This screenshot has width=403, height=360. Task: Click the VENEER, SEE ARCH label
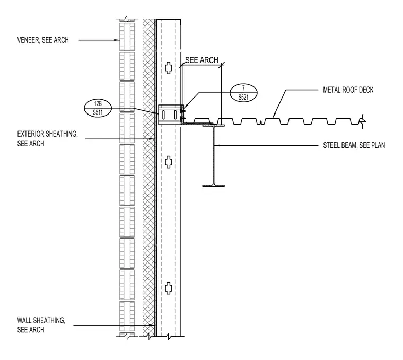(x=43, y=40)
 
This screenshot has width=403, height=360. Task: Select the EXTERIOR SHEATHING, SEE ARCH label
(x=47, y=139)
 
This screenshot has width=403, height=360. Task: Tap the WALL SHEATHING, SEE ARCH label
(x=41, y=325)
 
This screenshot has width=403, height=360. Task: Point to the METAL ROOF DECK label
(x=348, y=90)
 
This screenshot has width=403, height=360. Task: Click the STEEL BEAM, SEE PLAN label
(x=354, y=145)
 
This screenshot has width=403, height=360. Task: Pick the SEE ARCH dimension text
(x=202, y=60)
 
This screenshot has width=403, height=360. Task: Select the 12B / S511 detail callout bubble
(x=98, y=108)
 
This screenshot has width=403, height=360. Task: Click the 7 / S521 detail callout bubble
(x=243, y=93)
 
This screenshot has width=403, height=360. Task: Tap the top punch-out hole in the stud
(x=168, y=68)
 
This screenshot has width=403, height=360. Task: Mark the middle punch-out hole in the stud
(x=168, y=162)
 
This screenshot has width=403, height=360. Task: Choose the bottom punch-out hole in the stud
(x=168, y=288)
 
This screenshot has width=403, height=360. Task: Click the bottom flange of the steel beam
(x=213, y=185)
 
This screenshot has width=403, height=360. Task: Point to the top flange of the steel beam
(x=213, y=126)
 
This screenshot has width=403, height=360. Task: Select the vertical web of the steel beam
(x=213, y=155)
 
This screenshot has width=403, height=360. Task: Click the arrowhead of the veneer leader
(x=118, y=40)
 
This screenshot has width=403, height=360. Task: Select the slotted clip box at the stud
(x=170, y=115)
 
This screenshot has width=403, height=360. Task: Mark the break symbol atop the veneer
(x=127, y=20)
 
